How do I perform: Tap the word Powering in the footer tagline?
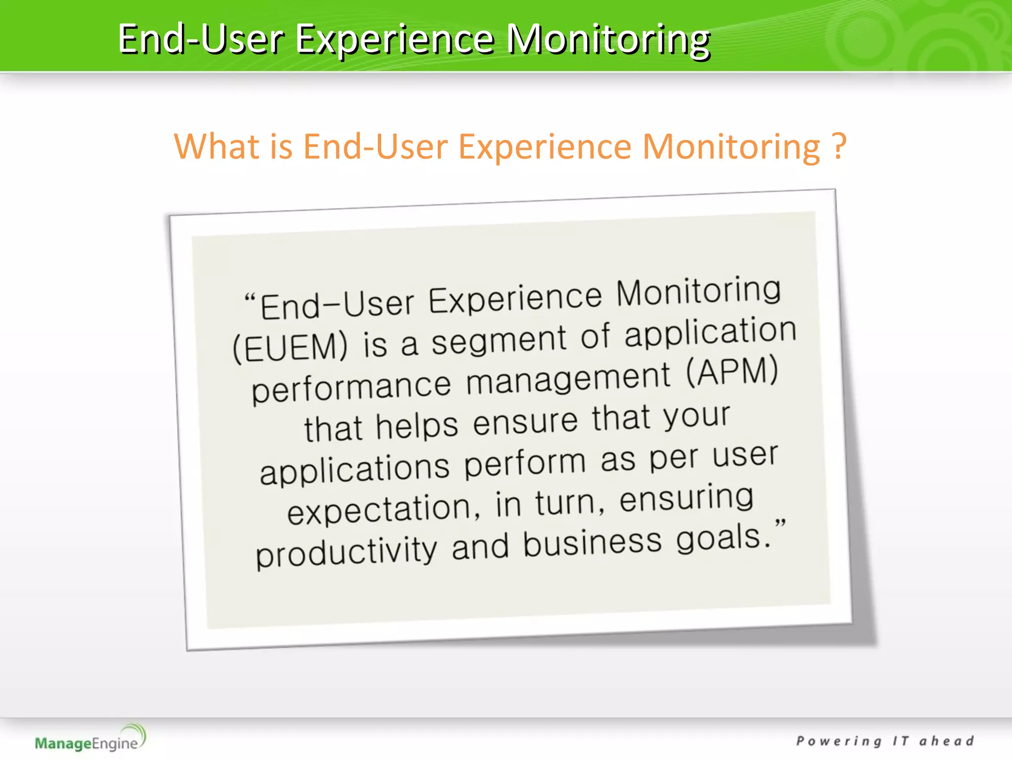[x=839, y=741]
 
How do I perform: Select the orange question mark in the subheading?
[x=839, y=147]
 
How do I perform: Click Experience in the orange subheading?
[x=545, y=147]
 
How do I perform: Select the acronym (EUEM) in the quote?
[x=290, y=347]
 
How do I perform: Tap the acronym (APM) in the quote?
[x=732, y=372]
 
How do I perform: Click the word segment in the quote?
[x=498, y=340]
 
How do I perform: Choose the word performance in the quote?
[x=351, y=388]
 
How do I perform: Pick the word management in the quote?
[x=568, y=379]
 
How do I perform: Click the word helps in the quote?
[x=417, y=426]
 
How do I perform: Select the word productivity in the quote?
[x=346, y=552]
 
